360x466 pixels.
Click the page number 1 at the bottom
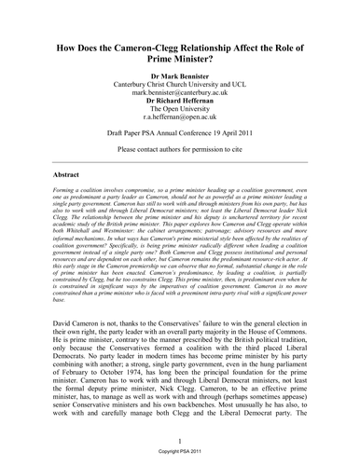click(180, 442)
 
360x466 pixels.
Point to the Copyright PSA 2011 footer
click(180, 456)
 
